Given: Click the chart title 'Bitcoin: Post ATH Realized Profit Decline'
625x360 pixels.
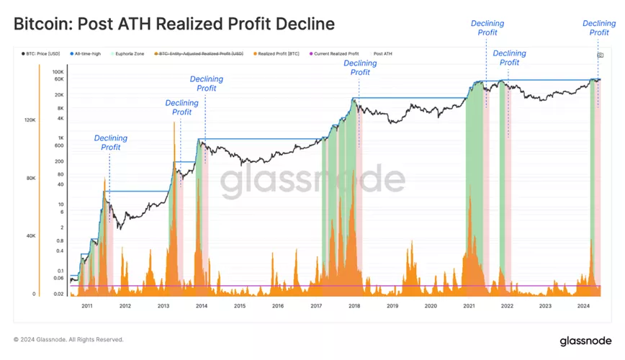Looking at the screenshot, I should coord(174,24).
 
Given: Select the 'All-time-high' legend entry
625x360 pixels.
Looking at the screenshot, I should coord(86,54).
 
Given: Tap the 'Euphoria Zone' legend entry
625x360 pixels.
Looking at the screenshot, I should coord(130,54).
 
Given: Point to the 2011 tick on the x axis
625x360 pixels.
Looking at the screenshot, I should coord(87,306).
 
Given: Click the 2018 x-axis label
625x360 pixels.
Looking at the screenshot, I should coord(354,306).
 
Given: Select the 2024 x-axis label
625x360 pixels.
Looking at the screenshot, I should coord(583,306).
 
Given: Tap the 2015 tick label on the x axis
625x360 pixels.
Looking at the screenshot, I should coord(240,306).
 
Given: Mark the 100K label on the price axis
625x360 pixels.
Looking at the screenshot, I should coord(58,72).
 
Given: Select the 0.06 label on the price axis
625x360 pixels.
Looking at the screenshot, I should coord(58,278).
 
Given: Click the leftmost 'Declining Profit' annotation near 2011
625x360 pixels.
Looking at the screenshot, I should coord(111,143).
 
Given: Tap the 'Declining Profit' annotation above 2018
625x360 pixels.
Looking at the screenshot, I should coord(360,68).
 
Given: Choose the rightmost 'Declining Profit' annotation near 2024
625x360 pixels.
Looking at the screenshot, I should coord(599,27).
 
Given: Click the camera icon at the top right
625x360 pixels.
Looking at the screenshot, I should coord(600,55).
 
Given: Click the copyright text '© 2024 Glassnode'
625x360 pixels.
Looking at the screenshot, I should coord(68,339).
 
